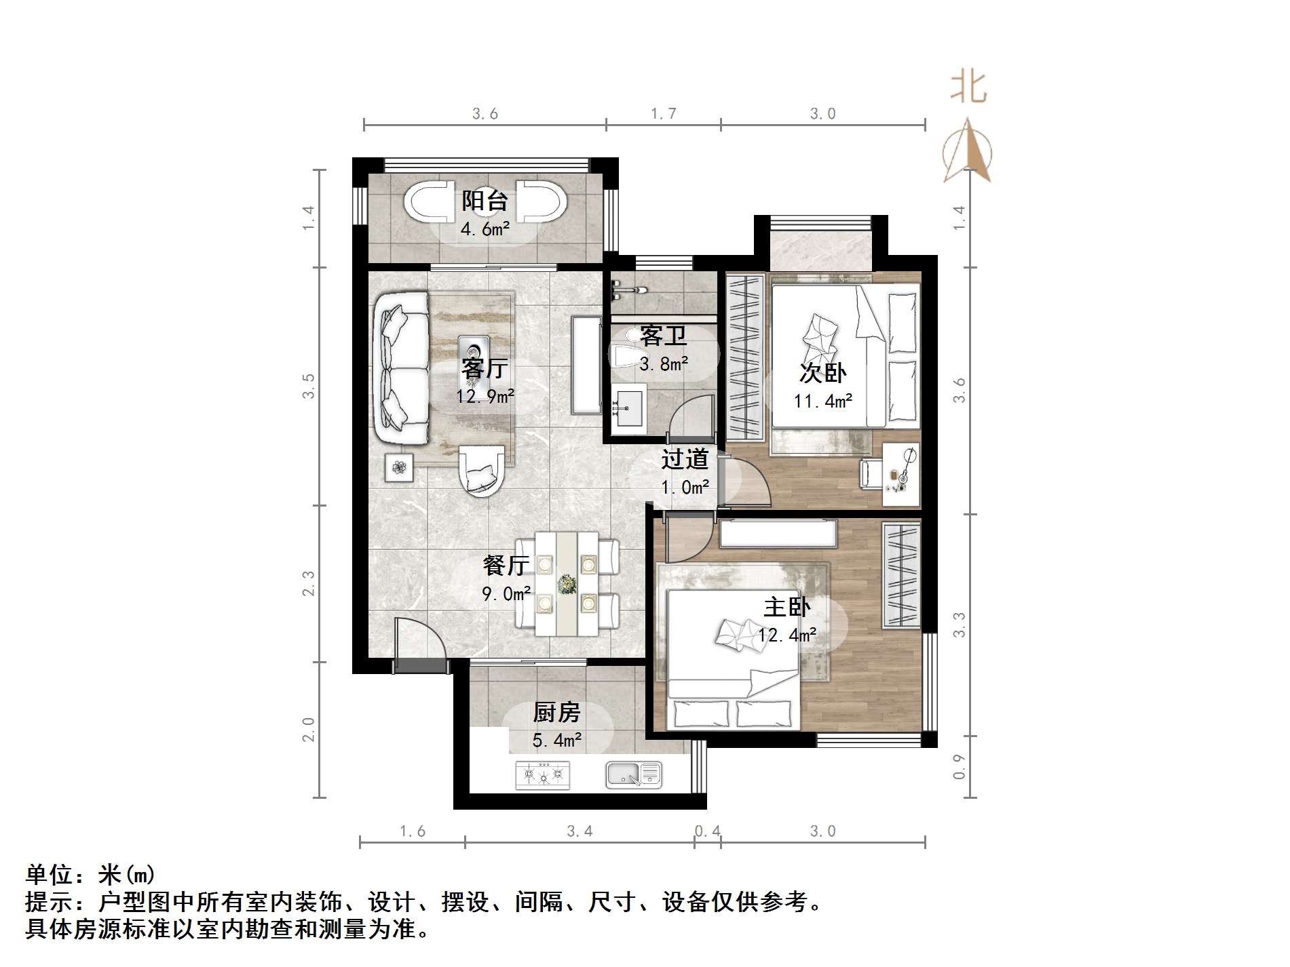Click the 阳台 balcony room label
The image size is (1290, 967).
pos(485,201)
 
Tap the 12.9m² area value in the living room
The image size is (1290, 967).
pos(485,396)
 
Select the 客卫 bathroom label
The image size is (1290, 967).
pos(663,336)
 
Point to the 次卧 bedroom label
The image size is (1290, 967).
pos(822,373)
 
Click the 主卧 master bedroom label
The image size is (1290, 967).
pos(786,607)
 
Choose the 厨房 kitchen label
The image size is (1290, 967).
pos(556,713)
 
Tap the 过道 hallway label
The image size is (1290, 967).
pos(685,459)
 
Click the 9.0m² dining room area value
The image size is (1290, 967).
pos(506,594)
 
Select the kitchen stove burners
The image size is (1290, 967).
pos(542,774)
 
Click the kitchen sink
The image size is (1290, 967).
pos(632,774)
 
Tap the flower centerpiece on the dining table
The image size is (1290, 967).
pos(567,584)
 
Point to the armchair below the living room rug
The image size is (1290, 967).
pos(482,470)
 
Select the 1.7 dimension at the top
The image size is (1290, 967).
pos(663,114)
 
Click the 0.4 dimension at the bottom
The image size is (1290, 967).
pos(707,831)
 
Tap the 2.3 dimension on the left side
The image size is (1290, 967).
pos(309,583)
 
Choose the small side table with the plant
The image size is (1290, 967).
pos(399,467)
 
